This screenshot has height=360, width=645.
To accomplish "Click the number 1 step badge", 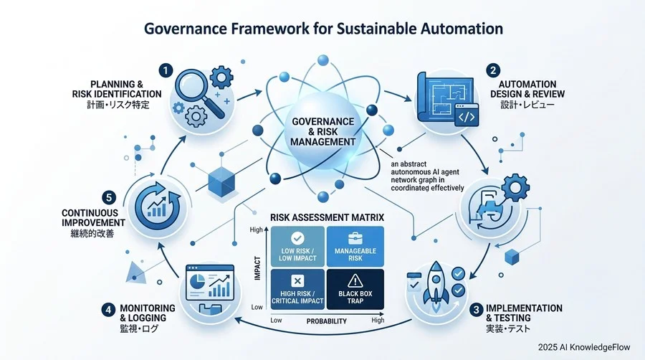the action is [166, 71].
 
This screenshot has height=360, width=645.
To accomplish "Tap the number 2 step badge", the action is [493, 71].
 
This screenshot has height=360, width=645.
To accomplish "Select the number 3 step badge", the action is [477, 309].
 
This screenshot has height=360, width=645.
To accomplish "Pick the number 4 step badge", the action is [108, 309].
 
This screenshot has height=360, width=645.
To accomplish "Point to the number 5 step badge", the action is [109, 197].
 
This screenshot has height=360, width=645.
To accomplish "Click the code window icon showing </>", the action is [467, 115].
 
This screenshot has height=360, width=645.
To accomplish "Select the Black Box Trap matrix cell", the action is [355, 289].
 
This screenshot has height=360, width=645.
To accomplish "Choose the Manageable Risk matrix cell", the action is [355, 247].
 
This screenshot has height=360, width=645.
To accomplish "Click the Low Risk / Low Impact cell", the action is [297, 247].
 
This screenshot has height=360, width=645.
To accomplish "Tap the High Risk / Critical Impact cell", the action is [297, 289].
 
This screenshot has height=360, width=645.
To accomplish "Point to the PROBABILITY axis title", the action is [327, 321].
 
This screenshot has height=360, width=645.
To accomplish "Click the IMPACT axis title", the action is [257, 267].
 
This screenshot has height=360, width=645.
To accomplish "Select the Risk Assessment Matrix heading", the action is [327, 217].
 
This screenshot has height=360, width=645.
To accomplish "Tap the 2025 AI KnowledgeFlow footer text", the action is [584, 347].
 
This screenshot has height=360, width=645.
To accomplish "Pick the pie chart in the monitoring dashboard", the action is [198, 282].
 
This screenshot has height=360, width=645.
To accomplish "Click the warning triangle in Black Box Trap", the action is [355, 281].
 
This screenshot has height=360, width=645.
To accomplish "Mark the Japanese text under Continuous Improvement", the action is [92, 234].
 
